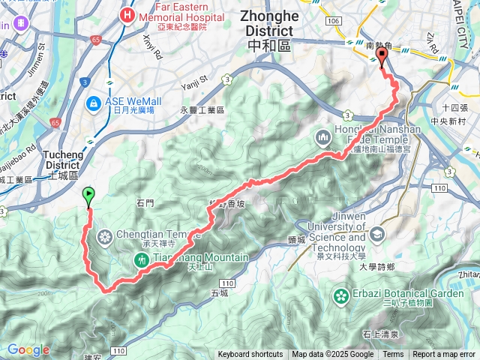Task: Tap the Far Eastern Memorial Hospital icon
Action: [x=127, y=14]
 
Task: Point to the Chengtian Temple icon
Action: [x=104, y=238]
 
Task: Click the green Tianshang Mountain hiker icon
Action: [x=140, y=259]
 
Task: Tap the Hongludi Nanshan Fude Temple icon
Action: [x=322, y=137]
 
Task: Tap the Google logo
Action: [x=28, y=349]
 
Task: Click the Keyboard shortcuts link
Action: [x=250, y=355]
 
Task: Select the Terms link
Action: [x=393, y=355]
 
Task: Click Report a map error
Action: [x=444, y=355]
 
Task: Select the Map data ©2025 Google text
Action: [x=333, y=355]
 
